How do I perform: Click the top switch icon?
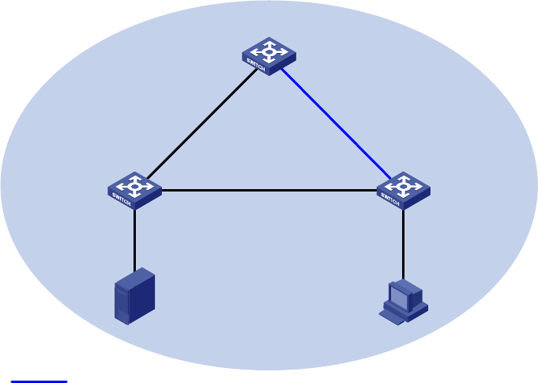[269, 55]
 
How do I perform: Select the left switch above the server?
[134, 190]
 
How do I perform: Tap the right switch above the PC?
[403, 190]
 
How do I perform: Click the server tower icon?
[134, 296]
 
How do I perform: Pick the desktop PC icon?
[403, 301]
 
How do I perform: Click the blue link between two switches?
[336, 123]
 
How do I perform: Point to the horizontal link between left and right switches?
[269, 190]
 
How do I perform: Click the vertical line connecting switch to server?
[134, 237]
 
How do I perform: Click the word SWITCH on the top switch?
[257, 63]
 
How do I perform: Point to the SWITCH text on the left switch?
[122, 197]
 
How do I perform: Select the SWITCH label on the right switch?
[391, 197]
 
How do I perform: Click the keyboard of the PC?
[392, 317]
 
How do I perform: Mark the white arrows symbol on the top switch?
[270, 51]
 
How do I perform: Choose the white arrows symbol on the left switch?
[136, 185]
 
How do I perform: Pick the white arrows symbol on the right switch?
[404, 185]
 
